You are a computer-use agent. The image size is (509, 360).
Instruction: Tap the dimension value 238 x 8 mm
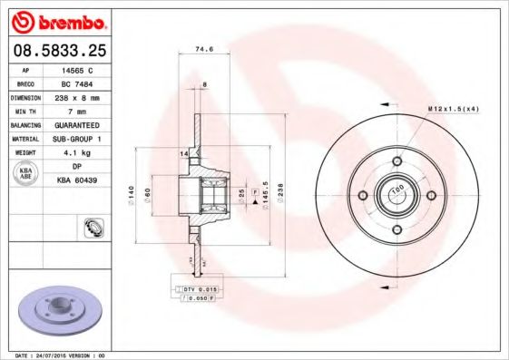click(x=75, y=96)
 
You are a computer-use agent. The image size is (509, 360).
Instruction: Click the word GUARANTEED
click(x=75, y=123)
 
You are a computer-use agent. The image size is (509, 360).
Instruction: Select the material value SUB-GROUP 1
click(x=75, y=138)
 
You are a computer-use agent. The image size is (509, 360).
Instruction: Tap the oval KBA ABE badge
click(x=24, y=173)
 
